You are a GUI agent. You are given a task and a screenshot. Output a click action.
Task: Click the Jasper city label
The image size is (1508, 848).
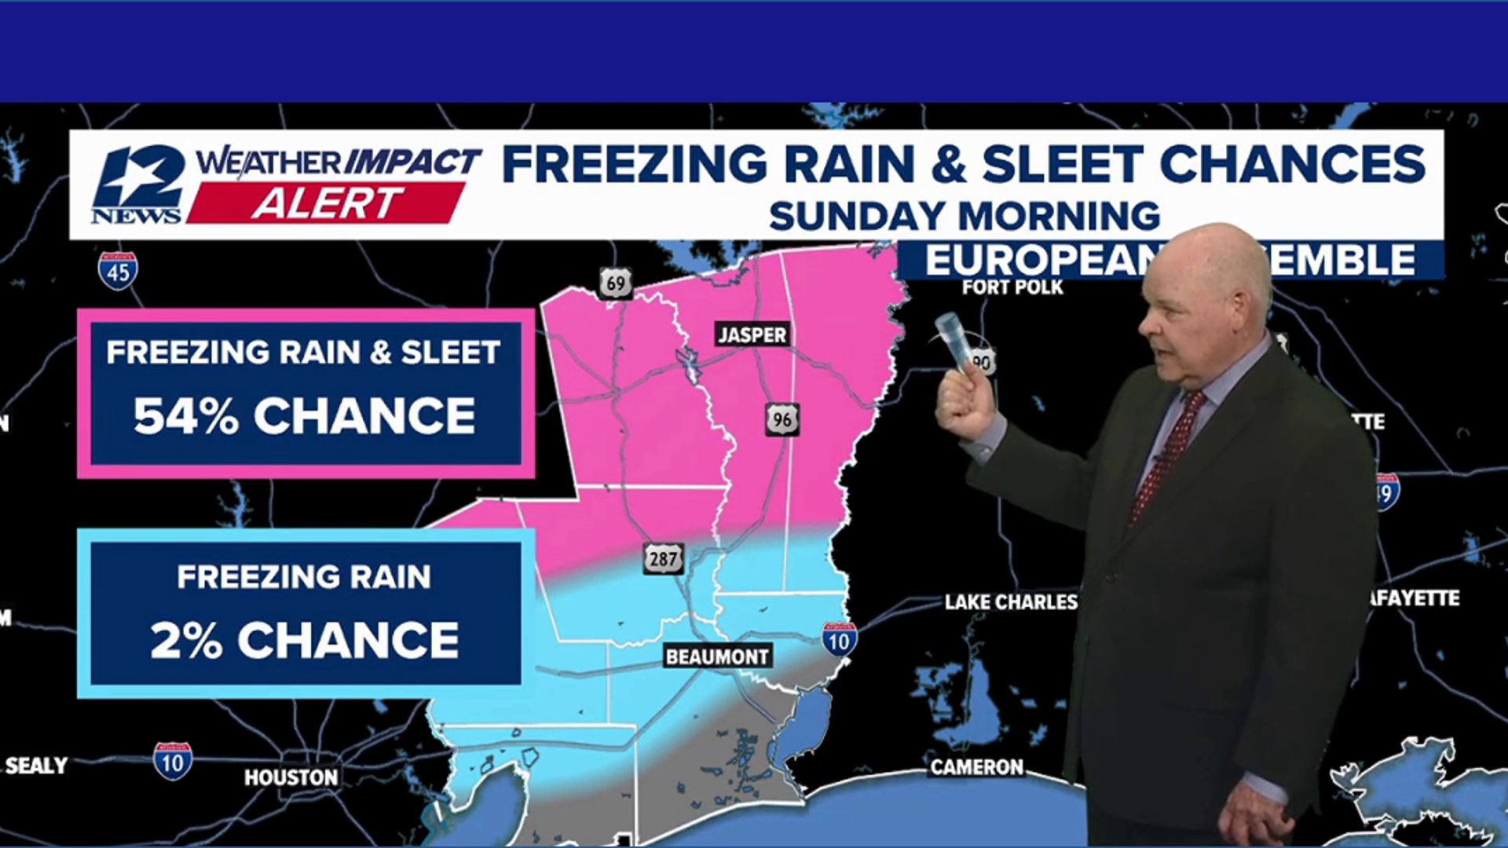pos(752,334)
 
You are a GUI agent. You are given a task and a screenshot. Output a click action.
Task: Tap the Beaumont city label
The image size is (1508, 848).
pos(717,656)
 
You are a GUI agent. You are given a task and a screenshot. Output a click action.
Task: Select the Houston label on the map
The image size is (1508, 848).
pos(291,777)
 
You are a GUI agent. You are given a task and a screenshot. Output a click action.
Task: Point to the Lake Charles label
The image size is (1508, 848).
pos(1011,602)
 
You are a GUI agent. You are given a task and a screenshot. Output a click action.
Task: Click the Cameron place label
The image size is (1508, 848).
pos(976,767)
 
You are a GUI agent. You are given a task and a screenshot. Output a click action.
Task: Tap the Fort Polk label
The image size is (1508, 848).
pos(1012,287)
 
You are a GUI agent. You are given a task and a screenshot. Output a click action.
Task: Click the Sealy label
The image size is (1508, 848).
pos(36,766)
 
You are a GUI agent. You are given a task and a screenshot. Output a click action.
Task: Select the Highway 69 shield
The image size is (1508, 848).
pos(616,283)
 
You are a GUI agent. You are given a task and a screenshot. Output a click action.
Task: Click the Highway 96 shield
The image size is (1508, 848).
pos(782,419)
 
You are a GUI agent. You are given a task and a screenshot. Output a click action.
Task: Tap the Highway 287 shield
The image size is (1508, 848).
pos(663,559)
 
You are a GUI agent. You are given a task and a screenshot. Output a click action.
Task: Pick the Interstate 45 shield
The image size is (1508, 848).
pos(118,271)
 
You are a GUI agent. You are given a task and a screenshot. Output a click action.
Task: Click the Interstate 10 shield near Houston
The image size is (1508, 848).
pos(173,761)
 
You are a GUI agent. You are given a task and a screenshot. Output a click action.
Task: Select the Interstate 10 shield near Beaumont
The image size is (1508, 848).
pos(839,640)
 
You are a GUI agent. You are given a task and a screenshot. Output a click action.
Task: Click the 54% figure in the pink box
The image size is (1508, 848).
pos(185,415)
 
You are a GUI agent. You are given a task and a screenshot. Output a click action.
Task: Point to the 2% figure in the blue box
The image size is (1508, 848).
pos(185,641)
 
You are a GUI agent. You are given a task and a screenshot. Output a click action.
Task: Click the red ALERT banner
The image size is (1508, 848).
pos(326,203)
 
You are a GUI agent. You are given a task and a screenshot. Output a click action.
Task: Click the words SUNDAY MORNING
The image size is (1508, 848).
pos(964,216)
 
